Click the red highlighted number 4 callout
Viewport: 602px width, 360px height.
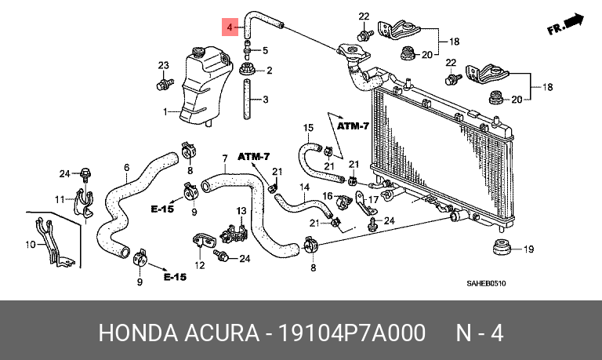coord(230,27)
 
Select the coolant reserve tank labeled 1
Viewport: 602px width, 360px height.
coord(206,86)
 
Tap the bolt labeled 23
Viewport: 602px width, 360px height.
coord(165,83)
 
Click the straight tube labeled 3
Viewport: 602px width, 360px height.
coord(247,99)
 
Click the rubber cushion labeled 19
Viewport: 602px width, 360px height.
coord(502,247)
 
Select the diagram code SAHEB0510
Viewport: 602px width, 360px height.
coord(486,284)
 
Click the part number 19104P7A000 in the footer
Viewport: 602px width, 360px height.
coord(351,333)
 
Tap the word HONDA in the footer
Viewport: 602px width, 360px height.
coord(138,333)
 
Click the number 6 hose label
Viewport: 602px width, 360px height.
coord(127,168)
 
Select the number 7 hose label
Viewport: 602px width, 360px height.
coord(225,158)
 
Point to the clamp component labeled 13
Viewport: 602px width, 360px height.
coord(234,232)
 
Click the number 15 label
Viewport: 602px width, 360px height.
coord(308,127)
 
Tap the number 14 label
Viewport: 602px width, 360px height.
coord(304,187)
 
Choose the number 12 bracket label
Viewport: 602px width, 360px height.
coord(200,265)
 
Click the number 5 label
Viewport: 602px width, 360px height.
coord(265,50)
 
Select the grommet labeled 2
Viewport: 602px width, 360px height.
coord(247,70)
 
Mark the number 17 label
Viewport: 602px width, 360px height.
coord(374,199)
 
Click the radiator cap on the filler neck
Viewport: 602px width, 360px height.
coord(354,53)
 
